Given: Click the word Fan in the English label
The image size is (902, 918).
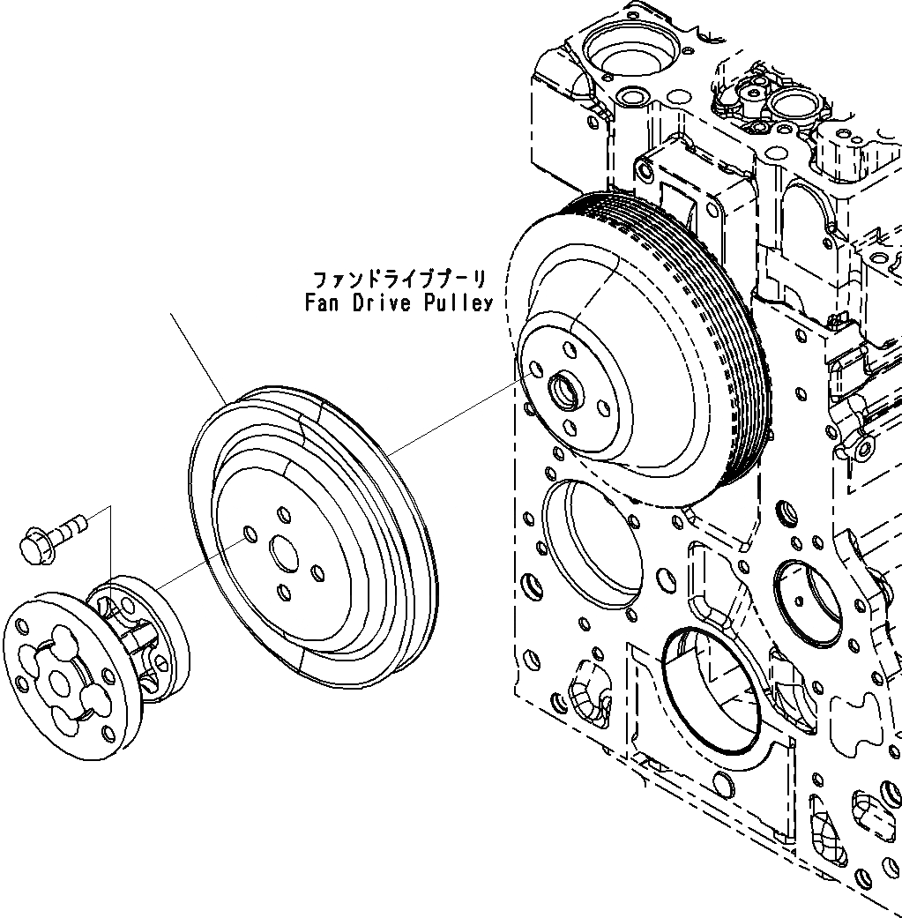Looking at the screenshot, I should click(x=324, y=303).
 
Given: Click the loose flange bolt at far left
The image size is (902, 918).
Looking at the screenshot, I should click(x=51, y=535).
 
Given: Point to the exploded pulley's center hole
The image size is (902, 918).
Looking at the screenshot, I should click(x=285, y=554).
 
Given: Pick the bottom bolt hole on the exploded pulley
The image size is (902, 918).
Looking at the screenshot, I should click(x=283, y=592).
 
